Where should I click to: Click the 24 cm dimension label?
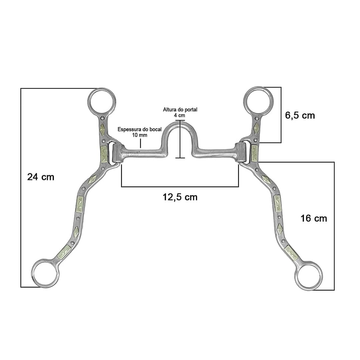pyautogui.click(x=41, y=177)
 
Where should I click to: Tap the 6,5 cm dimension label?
pyautogui.click(x=300, y=115)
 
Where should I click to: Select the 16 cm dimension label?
pyautogui.click(x=314, y=218)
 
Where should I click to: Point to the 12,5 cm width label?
pyautogui.click(x=180, y=197)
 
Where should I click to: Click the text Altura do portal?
pyautogui.click(x=180, y=110)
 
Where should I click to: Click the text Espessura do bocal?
pyautogui.click(x=140, y=129)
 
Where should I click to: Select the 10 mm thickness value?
pyautogui.click(x=140, y=135)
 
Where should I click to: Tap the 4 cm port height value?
pyautogui.click(x=180, y=115)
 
